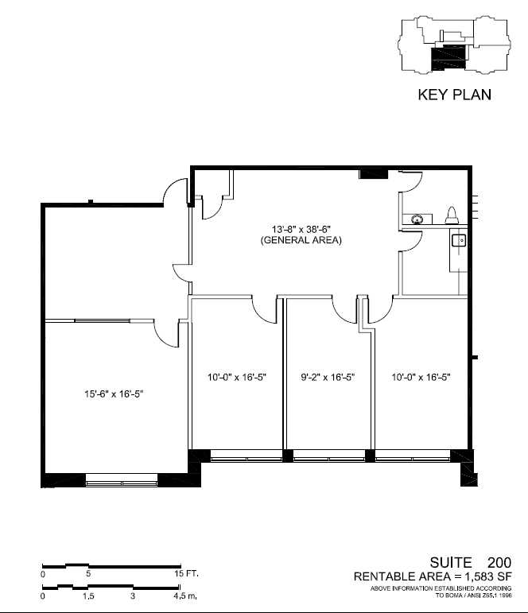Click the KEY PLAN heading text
tap(455, 95)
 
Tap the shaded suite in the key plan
tap(449, 58)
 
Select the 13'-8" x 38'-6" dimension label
tap(301, 229)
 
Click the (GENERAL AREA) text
tap(301, 240)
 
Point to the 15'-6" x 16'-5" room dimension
tap(114, 394)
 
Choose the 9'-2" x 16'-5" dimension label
tap(328, 377)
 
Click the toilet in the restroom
tap(452, 215)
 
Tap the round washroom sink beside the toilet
tap(417, 219)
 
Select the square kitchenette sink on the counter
tap(459, 240)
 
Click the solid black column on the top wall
tap(373, 173)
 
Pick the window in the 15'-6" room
tap(122, 479)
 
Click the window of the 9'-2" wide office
tap(329, 456)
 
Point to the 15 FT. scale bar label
tap(187, 574)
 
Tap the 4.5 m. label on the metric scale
tap(185, 596)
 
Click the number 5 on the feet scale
tap(88, 574)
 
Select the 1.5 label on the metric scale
tap(88, 596)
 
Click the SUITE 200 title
tap(471, 563)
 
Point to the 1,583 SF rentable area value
tap(487, 576)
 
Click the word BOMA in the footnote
tap(454, 596)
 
